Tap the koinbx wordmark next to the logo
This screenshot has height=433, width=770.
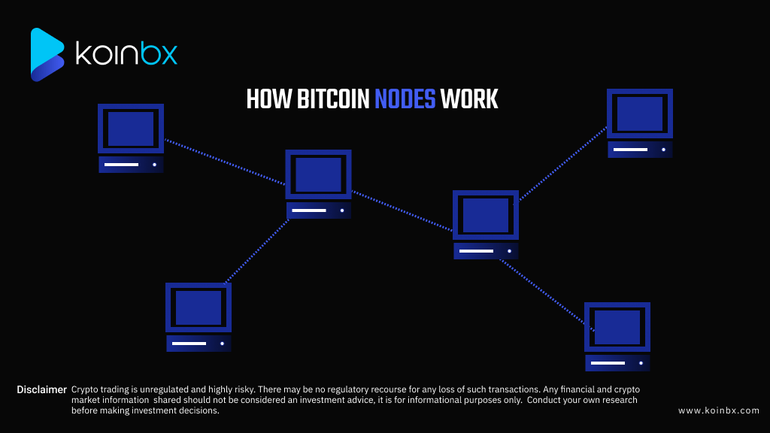click(x=126, y=54)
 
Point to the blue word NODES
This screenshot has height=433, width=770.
click(x=405, y=99)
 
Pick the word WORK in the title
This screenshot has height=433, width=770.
click(x=469, y=99)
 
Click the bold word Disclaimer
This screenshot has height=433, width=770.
click(x=42, y=389)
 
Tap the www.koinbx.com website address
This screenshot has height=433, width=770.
click(x=718, y=410)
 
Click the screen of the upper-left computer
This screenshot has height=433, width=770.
click(x=131, y=129)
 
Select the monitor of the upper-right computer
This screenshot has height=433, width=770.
click(x=640, y=114)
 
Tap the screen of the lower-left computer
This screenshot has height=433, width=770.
click(x=199, y=307)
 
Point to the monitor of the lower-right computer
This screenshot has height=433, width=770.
click(x=617, y=327)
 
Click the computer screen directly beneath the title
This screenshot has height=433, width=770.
click(x=318, y=174)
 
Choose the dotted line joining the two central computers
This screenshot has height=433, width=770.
click(x=402, y=211)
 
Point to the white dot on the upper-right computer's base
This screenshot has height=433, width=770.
click(x=663, y=150)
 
